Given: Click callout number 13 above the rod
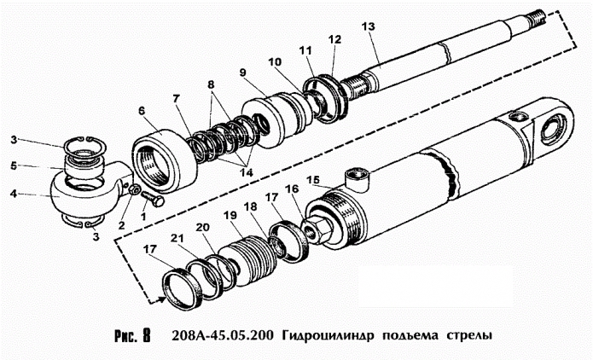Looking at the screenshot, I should (x=368, y=26).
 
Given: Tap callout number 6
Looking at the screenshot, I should (x=142, y=110).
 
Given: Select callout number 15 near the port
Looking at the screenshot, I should (x=314, y=180).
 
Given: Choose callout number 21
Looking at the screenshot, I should (x=177, y=237).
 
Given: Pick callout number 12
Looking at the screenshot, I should (x=334, y=39).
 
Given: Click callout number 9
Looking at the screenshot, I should (x=243, y=72).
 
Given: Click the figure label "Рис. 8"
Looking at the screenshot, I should (x=131, y=334).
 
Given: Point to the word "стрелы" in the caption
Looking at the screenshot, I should (x=469, y=334).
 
